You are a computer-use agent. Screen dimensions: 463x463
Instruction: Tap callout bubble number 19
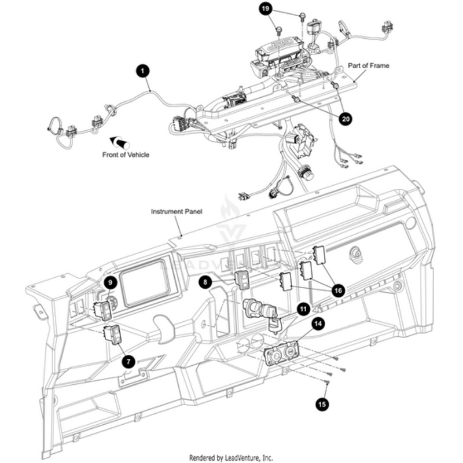265,9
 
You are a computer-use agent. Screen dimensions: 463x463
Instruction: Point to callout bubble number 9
111,282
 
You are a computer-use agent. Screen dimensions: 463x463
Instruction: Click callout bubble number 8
205,282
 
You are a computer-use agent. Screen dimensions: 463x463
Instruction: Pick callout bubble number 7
129,361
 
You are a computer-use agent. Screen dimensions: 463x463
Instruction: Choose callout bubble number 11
302,309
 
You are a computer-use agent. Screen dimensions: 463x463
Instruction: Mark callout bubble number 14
318,324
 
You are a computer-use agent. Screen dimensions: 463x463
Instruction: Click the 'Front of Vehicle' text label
126,155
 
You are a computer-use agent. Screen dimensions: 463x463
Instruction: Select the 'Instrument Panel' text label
177,212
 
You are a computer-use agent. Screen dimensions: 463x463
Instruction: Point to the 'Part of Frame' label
369,66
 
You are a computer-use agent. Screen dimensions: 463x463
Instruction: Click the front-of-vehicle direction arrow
120,142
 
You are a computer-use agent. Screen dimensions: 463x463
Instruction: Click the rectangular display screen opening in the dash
145,282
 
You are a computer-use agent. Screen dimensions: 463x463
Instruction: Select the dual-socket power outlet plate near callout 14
282,352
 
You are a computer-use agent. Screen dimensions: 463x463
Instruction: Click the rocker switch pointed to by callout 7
113,334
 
